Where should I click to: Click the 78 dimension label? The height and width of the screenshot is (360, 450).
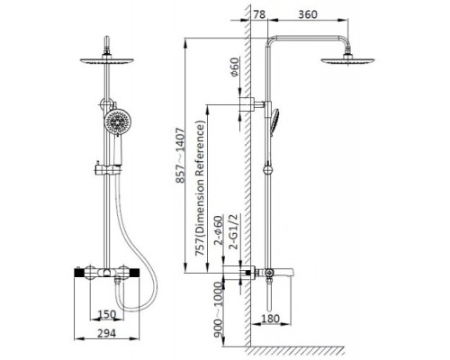coord(259,14)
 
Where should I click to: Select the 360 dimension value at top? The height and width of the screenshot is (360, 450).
coord(308,14)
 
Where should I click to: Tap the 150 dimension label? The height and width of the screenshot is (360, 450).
coord(107,314)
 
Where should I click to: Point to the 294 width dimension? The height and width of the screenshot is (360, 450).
coord(107,333)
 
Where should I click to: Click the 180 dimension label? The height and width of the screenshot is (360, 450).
coord(270,319)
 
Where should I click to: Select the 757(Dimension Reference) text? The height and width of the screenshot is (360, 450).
coord(201,188)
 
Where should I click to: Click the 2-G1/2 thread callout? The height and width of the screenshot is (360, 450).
coord(233,232)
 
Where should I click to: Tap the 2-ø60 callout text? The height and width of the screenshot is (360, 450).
coord(219,230)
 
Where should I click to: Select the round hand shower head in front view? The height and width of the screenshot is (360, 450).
coord(118,122)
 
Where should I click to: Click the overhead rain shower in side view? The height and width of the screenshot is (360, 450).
coord(347,60)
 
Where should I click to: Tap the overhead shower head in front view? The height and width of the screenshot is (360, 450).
coord(107,60)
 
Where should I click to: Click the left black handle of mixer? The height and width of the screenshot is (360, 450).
coord(79,273)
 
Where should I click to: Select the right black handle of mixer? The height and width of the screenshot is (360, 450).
coord(134,273)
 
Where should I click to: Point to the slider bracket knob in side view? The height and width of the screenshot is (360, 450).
coord(268,170)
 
